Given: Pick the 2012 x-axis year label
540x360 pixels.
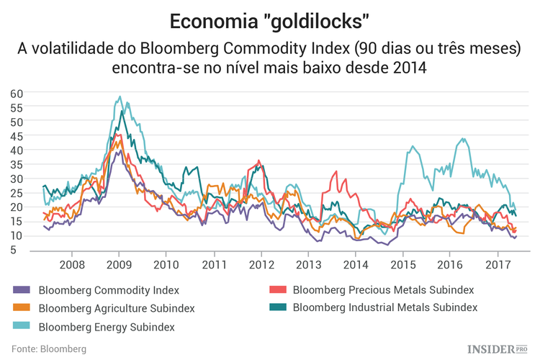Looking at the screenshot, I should (x=261, y=265).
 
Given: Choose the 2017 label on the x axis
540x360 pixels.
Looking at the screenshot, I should (x=497, y=265).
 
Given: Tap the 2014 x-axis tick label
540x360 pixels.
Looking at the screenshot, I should (x=355, y=265).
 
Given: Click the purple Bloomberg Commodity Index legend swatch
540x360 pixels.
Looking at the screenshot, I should (x=22, y=291).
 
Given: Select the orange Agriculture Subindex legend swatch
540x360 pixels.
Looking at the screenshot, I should (x=22, y=309).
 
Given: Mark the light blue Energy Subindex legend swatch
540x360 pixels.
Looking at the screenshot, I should (x=22, y=327).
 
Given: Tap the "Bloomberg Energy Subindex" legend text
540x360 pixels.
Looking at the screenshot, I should (x=106, y=327).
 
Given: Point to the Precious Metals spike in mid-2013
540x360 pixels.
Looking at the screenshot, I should (x=335, y=171).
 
